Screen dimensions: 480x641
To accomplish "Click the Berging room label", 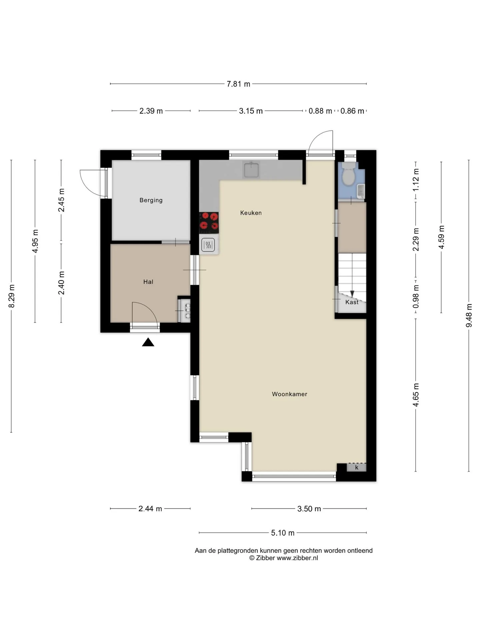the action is point(151,200).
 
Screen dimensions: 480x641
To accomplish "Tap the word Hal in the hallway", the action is point(148,282).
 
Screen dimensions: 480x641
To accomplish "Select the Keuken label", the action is point(251,213).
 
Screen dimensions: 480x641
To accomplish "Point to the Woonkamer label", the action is point(290,394).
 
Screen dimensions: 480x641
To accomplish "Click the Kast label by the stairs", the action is point(352,302).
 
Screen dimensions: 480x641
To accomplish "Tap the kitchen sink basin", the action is point(251,170).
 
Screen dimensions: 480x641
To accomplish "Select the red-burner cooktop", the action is point(209,223).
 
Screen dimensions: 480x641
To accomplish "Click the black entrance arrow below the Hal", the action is point(148,342).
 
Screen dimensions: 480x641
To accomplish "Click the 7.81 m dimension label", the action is point(238,84).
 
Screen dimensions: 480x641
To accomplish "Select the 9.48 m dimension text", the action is point(469,315).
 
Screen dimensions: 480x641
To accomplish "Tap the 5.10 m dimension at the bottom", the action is point(283,533).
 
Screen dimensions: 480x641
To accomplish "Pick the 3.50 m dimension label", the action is point(309,509).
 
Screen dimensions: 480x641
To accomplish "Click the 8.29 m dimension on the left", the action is point(11,296).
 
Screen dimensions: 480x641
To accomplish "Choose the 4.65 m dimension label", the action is point(416,395).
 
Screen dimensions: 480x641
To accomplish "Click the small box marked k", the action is point(357,467).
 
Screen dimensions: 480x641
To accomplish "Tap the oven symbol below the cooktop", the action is point(208,245).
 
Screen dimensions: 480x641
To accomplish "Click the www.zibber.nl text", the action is point(297,558).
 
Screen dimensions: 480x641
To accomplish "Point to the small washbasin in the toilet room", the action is point(361,191).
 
